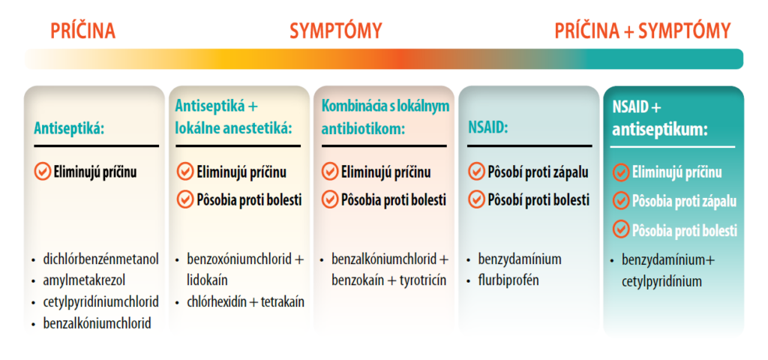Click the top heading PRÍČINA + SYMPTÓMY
pyautogui.click(x=642, y=31)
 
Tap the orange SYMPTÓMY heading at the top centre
pyautogui.click(x=335, y=31)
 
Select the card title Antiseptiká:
pyautogui.click(x=69, y=128)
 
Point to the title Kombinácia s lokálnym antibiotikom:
pyautogui.click(x=385, y=118)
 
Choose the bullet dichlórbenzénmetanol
pyautogui.click(x=100, y=259)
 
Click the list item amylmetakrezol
pyautogui.click(x=84, y=280)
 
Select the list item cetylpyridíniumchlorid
pyautogui.click(x=100, y=302)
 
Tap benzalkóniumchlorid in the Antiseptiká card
pyautogui.click(x=97, y=323)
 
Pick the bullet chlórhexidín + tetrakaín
pyautogui.click(x=245, y=302)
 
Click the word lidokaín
pyautogui.click(x=207, y=280)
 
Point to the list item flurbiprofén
pyautogui.click(x=508, y=280)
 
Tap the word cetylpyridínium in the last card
pyautogui.click(x=661, y=281)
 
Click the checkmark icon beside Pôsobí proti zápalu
pyautogui.click(x=476, y=172)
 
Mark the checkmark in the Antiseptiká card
pyautogui.click(x=42, y=172)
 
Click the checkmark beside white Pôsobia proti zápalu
pyautogui.click(x=621, y=201)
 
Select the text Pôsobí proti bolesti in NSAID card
pyautogui.click(x=538, y=200)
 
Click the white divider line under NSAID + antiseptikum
pyautogui.click(x=673, y=146)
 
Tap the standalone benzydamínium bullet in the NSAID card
pyautogui.click(x=519, y=259)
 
